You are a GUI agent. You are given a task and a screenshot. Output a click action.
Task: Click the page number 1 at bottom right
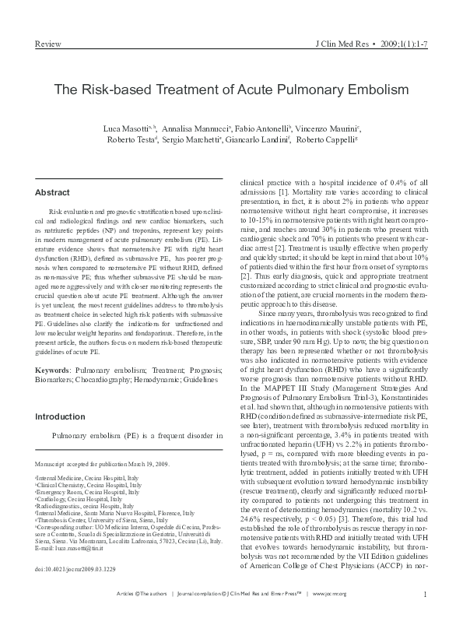[426, 595]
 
